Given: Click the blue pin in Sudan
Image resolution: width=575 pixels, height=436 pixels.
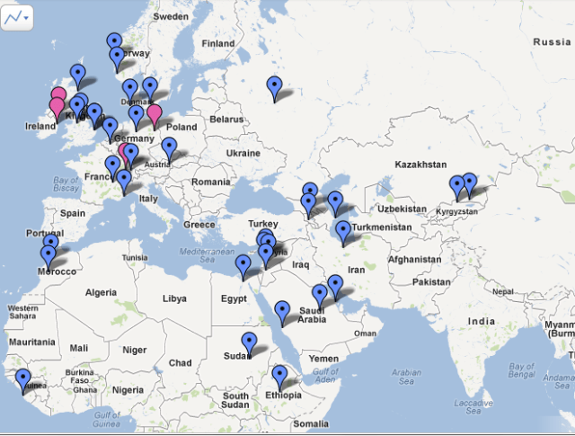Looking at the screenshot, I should pyautogui.click(x=250, y=343).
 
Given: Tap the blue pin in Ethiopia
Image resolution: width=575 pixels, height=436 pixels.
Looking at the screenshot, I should pyautogui.click(x=279, y=375).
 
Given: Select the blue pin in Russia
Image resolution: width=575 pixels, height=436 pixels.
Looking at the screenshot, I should pyautogui.click(x=274, y=86).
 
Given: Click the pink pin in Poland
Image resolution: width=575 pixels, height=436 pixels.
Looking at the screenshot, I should pyautogui.click(x=155, y=114).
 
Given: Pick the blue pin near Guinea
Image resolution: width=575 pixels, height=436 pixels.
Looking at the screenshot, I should pyautogui.click(x=22, y=378).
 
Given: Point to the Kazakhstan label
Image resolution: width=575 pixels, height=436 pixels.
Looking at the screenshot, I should pyautogui.click(x=420, y=165).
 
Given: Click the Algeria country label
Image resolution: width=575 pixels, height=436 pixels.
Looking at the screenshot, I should pyautogui.click(x=101, y=292).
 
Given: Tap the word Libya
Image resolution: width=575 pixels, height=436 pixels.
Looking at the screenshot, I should pyautogui.click(x=174, y=298).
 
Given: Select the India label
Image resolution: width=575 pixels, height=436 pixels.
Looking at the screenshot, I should pyautogui.click(x=481, y=322).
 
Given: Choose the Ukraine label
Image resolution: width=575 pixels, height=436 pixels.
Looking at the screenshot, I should pyautogui.click(x=243, y=154).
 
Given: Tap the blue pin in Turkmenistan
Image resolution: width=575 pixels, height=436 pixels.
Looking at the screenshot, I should pyautogui.click(x=343, y=232).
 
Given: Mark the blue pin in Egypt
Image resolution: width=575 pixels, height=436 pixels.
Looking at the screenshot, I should pyautogui.click(x=243, y=265).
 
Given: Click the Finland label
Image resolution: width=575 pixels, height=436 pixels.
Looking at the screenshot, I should pyautogui.click(x=217, y=43).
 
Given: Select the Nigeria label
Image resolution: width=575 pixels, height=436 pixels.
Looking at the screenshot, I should pyautogui.click(x=128, y=390).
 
